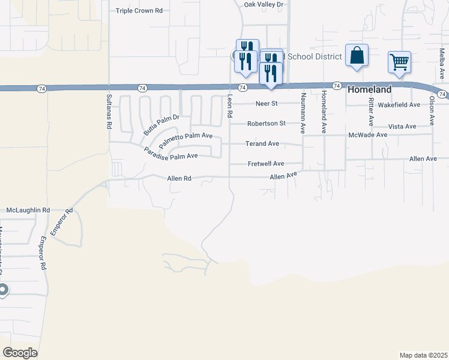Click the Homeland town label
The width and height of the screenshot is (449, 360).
click(369, 89)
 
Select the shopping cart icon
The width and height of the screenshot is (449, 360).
click(399, 61)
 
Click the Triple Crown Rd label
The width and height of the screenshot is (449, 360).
click(139, 11)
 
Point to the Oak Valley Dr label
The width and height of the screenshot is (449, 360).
click(263, 4)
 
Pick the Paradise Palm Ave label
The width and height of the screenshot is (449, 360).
click(171, 152)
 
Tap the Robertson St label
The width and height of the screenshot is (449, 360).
click(266, 124)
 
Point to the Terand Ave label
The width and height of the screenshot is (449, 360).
click(262, 144)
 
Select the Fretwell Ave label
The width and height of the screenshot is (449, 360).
click(266, 164)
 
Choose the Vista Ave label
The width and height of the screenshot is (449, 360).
click(402, 127)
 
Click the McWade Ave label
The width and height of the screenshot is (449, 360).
click(368, 135)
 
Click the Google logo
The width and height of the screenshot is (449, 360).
click(20, 352)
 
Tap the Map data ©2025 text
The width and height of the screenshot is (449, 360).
click(423, 355)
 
